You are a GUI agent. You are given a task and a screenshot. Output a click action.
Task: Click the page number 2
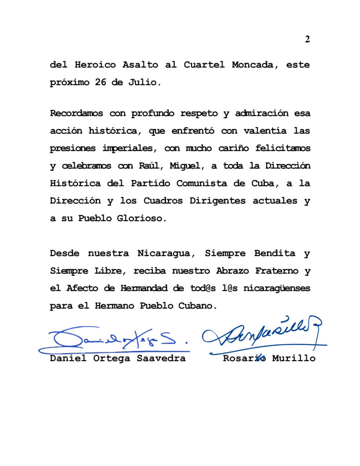(x=307, y=39)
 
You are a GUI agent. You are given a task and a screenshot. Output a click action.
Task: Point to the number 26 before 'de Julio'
(x=101, y=83)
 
